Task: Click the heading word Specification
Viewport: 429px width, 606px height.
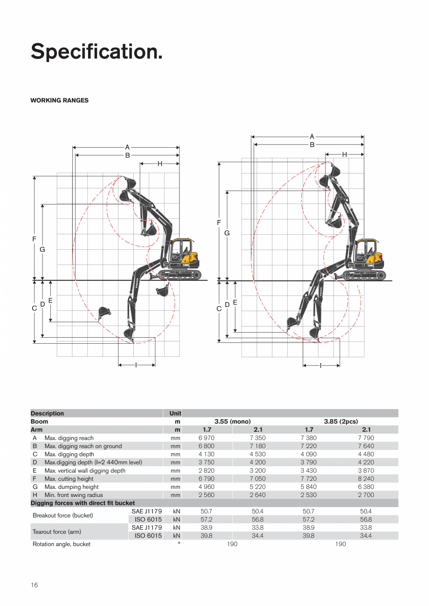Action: pos(97,52)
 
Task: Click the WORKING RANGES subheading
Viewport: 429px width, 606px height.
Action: pos(59,101)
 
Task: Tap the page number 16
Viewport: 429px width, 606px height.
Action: pos(34,585)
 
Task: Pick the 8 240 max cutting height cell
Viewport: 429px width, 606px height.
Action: pos(366,479)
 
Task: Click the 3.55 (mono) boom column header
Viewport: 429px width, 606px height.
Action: pos(232,422)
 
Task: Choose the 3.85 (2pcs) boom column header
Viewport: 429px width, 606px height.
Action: pos(340,422)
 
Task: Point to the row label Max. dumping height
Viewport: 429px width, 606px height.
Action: pos(71,487)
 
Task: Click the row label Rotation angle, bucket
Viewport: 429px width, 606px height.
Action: pos(62,544)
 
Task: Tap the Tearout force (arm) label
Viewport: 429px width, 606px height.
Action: pos(57,532)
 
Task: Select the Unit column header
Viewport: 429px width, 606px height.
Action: pos(175,413)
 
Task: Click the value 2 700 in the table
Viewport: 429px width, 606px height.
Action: pos(366,495)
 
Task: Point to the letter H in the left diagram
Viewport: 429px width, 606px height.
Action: pos(159,163)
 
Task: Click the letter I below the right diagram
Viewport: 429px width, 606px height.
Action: pos(321,366)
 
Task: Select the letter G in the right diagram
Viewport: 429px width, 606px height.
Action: pos(227,233)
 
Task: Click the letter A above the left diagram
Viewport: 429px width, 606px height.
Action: pos(127,147)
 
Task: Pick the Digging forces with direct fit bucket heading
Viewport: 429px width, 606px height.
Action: pos(83,503)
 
